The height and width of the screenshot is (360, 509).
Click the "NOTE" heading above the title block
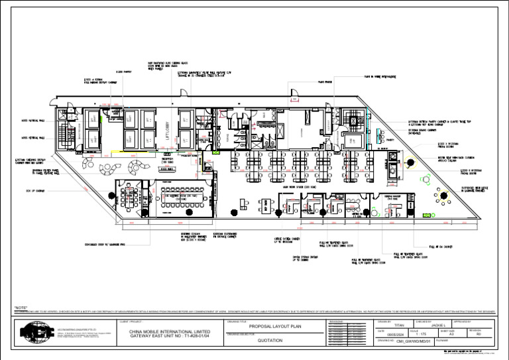21,307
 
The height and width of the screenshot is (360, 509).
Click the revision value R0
479,335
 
